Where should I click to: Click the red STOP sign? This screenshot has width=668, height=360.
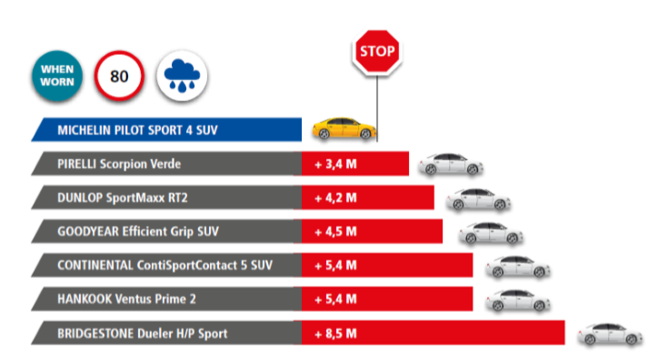[x=377, y=52]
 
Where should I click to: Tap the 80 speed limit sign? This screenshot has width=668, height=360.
[x=119, y=75]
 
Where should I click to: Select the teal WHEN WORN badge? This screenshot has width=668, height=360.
[x=57, y=75]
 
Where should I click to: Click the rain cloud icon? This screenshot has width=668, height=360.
[x=182, y=75]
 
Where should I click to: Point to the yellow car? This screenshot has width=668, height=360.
[x=344, y=128]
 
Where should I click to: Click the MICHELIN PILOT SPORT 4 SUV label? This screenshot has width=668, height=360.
[x=137, y=130]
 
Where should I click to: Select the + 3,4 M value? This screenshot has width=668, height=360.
[x=335, y=164]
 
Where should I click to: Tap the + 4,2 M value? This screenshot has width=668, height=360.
[x=335, y=197]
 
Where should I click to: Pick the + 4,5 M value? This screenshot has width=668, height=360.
[x=335, y=231]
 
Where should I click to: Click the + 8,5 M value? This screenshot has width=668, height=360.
[x=335, y=334]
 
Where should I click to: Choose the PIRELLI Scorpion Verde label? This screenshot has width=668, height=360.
[x=119, y=164]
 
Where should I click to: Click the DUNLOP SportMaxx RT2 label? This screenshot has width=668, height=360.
[x=123, y=197]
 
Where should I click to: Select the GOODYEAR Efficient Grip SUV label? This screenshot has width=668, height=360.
[x=138, y=231]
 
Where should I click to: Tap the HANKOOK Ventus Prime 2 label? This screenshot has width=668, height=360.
[x=126, y=299]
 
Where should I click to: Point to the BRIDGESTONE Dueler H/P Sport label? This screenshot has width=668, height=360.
[x=143, y=334]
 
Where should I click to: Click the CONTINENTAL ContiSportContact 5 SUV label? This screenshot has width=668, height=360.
[x=165, y=265]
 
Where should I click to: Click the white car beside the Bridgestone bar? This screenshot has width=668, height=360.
[x=610, y=334]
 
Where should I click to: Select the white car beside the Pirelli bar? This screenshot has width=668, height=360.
[x=451, y=164]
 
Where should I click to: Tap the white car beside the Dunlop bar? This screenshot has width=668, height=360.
[x=478, y=199]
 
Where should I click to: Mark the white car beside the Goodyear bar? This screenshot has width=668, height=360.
[x=491, y=233]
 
